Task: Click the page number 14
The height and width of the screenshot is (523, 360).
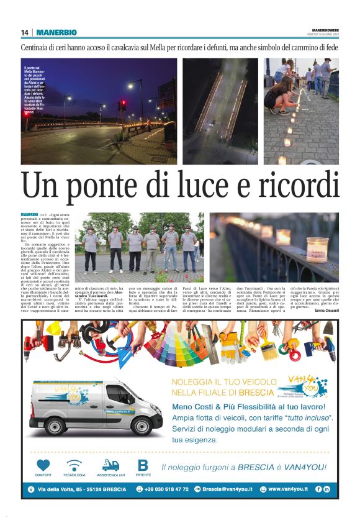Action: [25, 32]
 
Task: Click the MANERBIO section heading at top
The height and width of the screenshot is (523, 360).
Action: [56, 32]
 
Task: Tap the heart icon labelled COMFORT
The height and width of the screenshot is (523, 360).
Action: [43, 465]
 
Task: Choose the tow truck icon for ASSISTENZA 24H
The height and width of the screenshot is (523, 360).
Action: [110, 465]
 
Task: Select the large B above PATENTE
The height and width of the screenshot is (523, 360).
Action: [143, 465]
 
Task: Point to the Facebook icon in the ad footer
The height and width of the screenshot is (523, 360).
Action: [318, 489]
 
